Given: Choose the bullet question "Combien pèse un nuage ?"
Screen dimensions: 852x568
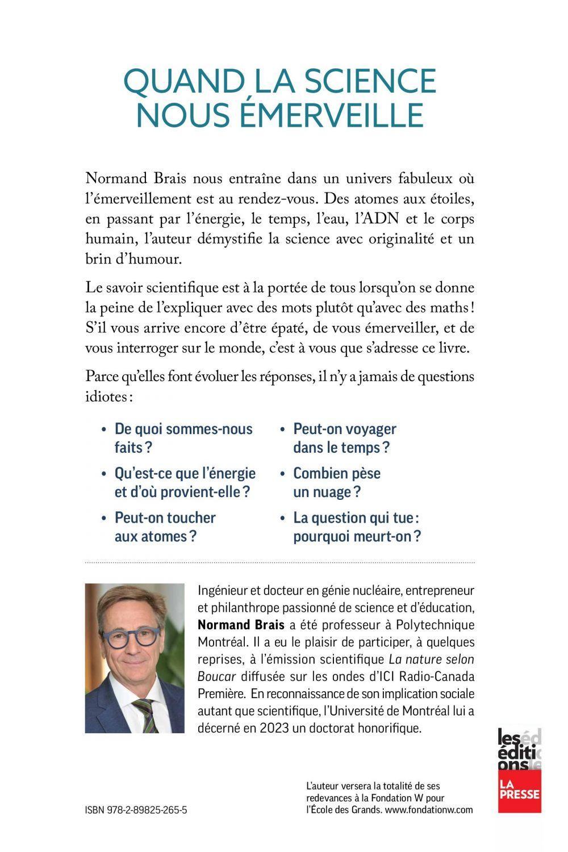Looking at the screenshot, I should coord(336,482).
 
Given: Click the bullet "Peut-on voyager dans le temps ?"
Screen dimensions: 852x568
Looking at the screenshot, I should coord(344,438).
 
